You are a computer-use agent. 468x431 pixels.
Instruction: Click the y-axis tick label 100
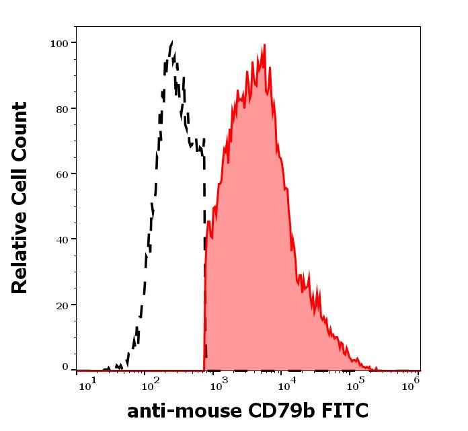[59, 44]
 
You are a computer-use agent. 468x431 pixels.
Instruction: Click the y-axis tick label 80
[62, 109]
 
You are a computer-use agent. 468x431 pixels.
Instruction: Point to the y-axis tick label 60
[62, 174]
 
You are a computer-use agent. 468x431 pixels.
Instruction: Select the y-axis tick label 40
[62, 239]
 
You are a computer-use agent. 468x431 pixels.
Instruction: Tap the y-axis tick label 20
[62, 305]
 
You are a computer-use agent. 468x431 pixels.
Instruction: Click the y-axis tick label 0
[65, 367]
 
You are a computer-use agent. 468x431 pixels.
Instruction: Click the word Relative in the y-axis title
[20, 259]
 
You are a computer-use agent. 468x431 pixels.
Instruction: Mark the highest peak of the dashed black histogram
[172, 42]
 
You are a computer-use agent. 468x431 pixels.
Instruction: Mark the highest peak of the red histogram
[265, 45]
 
